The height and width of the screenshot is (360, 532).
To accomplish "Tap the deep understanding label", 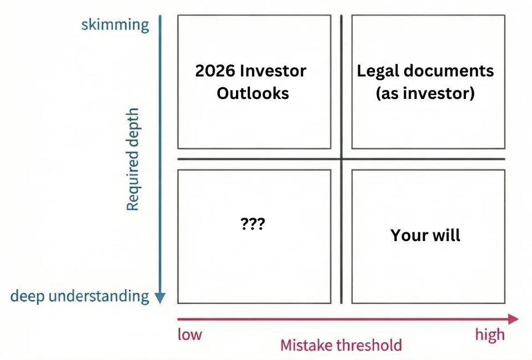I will [x=79, y=296].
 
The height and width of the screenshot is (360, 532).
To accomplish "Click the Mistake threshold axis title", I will [x=340, y=345].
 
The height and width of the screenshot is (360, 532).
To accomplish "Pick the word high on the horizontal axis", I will [x=490, y=334].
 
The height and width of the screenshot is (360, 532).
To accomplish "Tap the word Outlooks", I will [x=253, y=93].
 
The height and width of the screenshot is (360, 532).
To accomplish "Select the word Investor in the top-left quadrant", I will [x=274, y=71].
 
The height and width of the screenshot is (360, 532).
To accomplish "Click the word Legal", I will [x=378, y=71].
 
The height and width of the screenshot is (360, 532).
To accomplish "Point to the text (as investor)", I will [x=425, y=93].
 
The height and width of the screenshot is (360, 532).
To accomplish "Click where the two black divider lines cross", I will [x=341, y=159].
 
